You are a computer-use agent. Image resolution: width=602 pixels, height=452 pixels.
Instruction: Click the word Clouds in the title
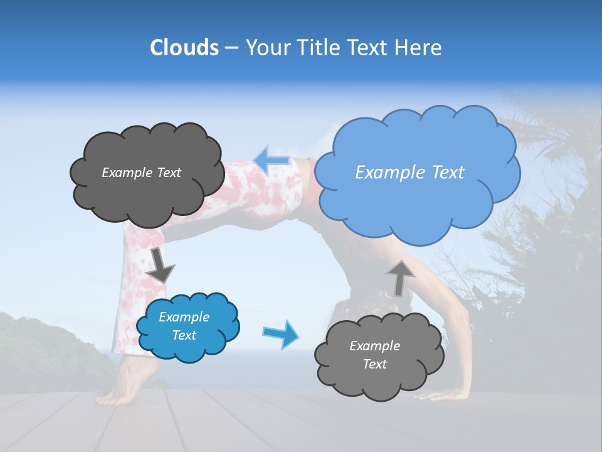tap(184, 48)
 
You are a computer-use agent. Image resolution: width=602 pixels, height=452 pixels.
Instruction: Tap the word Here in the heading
tap(419, 48)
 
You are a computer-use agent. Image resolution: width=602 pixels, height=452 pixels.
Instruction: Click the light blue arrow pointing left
tap(272, 159)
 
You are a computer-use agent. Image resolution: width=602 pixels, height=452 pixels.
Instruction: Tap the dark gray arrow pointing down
tap(161, 265)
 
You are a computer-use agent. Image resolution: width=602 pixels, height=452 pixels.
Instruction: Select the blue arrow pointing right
tap(280, 333)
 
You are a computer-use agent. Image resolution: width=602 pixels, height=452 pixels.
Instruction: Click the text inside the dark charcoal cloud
tap(141, 173)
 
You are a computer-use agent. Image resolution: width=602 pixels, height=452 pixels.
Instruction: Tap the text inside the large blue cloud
tap(409, 173)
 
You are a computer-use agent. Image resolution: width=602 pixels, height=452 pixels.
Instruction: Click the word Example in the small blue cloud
tap(184, 317)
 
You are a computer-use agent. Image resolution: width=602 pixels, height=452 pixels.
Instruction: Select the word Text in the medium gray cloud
tap(374, 364)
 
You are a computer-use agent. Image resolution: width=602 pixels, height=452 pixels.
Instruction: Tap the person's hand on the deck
tap(451, 394)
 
